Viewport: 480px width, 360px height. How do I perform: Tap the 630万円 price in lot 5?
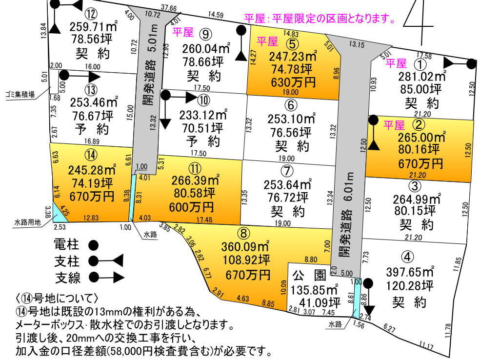(x=292, y=81)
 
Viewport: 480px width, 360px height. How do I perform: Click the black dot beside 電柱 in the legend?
(x=93, y=244)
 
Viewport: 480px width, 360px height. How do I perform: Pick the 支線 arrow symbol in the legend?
(x=105, y=278)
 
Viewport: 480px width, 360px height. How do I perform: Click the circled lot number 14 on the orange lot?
(x=91, y=155)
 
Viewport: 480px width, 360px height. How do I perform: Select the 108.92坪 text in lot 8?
(x=244, y=260)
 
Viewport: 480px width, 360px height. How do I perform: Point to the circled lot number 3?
(x=414, y=186)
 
